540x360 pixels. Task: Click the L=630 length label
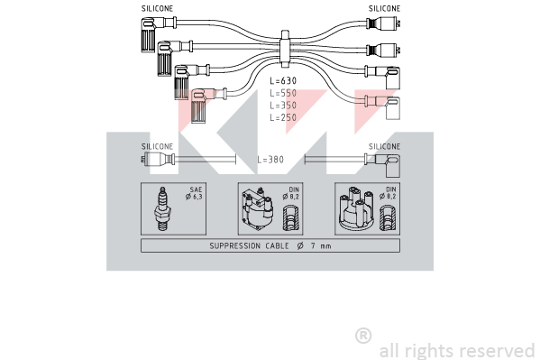pyautogui.click(x=283, y=80)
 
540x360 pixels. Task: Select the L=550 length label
pyautogui.click(x=283, y=93)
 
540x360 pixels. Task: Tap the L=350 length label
pyautogui.click(x=283, y=106)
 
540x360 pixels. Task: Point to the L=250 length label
pyautogui.click(x=283, y=117)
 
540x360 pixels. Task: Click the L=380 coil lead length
pyautogui.click(x=270, y=160)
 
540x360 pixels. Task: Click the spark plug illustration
pyautogui.click(x=162, y=208)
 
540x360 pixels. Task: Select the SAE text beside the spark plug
pyautogui.click(x=196, y=189)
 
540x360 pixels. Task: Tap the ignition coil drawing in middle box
pyautogui.click(x=258, y=209)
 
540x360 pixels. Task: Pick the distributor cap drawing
pyautogui.click(x=356, y=209)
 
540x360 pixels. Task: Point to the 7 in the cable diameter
pyautogui.click(x=313, y=245)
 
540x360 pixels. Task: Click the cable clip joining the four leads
pyautogui.click(x=285, y=49)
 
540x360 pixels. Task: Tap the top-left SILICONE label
pyautogui.click(x=158, y=9)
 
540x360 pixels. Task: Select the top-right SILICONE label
pyautogui.click(x=384, y=9)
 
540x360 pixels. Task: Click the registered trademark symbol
pyautogui.click(x=363, y=336)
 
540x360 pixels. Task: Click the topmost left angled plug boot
pyautogui.click(x=149, y=34)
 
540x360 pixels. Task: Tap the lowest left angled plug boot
pyautogui.click(x=199, y=106)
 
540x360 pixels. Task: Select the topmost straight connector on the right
pyautogui.click(x=384, y=23)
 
